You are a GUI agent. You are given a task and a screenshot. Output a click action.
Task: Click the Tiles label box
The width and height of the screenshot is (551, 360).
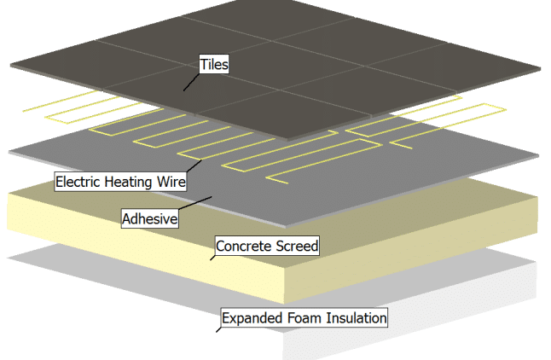[x=214, y=63]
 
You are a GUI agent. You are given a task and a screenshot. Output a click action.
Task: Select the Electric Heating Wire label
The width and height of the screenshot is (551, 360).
[x=120, y=181]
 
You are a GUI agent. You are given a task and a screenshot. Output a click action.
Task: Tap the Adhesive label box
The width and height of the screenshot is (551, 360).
[x=150, y=218]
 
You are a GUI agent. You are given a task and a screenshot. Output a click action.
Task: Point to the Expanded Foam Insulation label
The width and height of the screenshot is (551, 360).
[x=304, y=318]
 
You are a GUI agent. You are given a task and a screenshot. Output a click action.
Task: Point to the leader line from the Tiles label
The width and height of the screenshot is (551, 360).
[x=192, y=82]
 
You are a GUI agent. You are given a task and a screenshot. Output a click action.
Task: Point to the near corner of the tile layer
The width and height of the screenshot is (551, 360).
[x=289, y=137]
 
